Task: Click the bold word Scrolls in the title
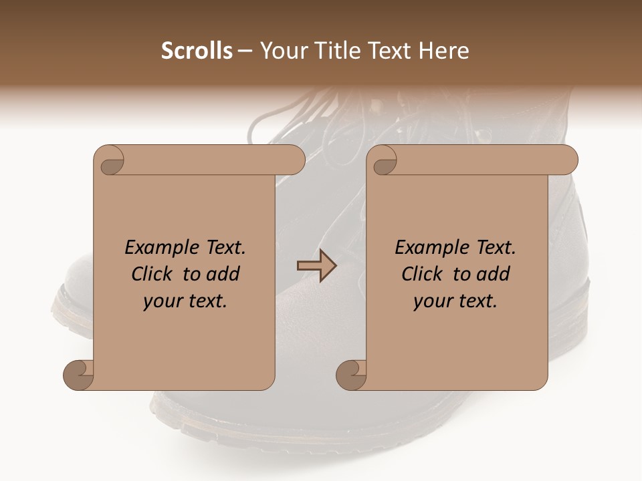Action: point(197,51)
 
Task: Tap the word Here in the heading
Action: point(445,51)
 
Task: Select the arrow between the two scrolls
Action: point(316,266)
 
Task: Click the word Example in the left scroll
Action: point(154,248)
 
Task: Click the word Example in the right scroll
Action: point(425,248)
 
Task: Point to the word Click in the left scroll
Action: point(152,275)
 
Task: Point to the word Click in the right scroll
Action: point(422,275)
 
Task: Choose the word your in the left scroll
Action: point(163,301)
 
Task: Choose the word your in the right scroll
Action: point(432,301)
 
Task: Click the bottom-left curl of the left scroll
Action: point(79,374)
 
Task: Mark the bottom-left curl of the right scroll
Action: point(352,374)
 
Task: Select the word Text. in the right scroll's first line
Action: point(492,248)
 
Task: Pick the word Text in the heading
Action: point(391,51)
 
